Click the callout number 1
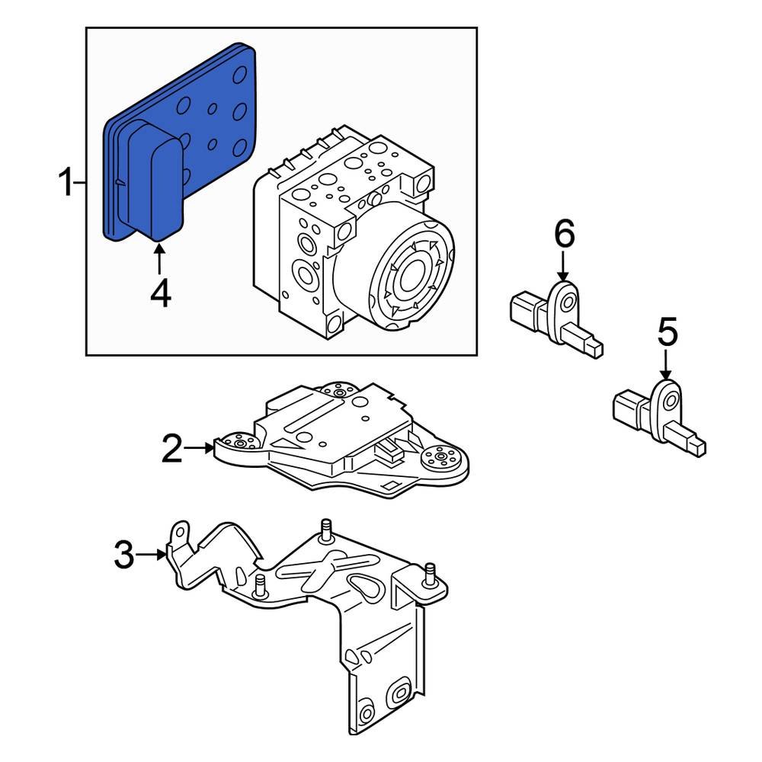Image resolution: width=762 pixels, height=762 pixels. pyautogui.click(x=66, y=183)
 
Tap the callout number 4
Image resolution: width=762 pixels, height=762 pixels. pyautogui.click(x=160, y=293)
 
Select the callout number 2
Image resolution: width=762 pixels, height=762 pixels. pyautogui.click(x=172, y=450)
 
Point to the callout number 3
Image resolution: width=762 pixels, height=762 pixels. pyautogui.click(x=123, y=555)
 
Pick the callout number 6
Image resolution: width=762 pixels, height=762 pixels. pyautogui.click(x=564, y=235)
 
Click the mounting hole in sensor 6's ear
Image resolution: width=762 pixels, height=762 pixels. pyautogui.click(x=567, y=303)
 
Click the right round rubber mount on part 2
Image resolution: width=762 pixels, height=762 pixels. pyautogui.click(x=440, y=459)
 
